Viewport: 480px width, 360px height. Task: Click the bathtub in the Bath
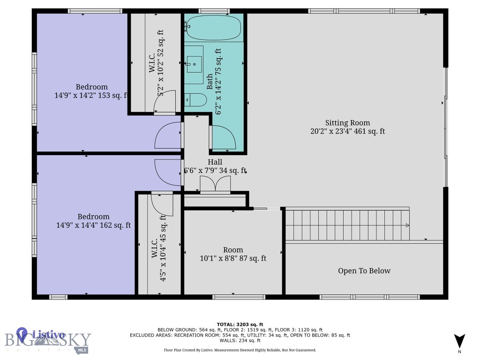click(x=213, y=28)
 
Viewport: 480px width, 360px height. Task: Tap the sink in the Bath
click(x=194, y=64)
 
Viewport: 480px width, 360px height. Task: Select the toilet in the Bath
click(x=195, y=100)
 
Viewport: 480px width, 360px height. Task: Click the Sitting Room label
click(x=347, y=123)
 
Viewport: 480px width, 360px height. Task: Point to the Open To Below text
click(x=364, y=270)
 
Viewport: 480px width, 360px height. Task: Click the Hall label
click(x=215, y=162)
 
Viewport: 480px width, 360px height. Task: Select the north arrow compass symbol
click(x=459, y=342)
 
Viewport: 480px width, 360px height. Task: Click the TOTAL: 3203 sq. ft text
click(x=240, y=324)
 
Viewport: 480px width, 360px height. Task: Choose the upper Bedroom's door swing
click(x=168, y=135)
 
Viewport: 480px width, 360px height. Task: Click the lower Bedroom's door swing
click(x=168, y=172)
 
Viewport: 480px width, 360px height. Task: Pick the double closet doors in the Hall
click(x=215, y=184)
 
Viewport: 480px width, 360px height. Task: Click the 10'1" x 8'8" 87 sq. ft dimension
click(x=233, y=258)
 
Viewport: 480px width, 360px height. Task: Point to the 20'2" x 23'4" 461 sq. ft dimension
click(x=347, y=131)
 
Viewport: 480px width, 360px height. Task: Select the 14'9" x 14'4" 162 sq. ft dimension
click(x=93, y=225)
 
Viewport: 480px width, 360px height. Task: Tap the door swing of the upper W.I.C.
click(x=165, y=101)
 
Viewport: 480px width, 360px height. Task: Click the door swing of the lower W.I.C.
click(x=162, y=205)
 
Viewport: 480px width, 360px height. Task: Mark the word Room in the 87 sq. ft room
click(x=233, y=250)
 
